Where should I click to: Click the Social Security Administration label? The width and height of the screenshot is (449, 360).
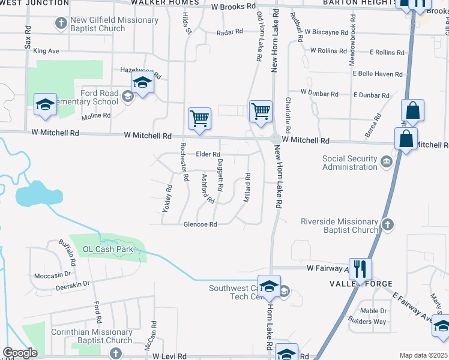(x=350, y=163)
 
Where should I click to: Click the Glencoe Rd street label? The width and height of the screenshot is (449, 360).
(x=200, y=224)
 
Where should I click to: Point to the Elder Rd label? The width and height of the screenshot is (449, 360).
(x=208, y=154)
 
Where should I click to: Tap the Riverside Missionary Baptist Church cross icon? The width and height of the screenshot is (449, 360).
(x=387, y=225)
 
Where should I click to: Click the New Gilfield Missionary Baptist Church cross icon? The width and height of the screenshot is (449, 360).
(x=61, y=23)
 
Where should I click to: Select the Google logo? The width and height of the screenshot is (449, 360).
(x=20, y=353)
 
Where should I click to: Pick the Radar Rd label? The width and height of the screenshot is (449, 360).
(x=229, y=31)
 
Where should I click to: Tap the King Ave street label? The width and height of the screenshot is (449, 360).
(x=46, y=51)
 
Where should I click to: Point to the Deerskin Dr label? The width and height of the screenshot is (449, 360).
(x=71, y=283)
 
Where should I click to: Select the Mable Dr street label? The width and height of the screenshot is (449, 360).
(x=374, y=311)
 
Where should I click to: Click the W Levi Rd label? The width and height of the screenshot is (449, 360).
(x=170, y=356)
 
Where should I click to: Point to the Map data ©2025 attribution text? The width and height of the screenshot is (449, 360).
(x=423, y=355)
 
